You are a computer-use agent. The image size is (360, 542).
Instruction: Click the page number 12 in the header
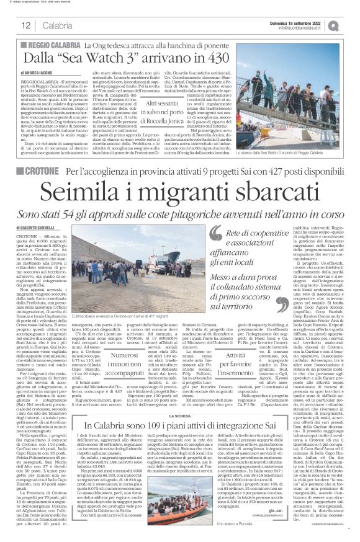tap(26, 25)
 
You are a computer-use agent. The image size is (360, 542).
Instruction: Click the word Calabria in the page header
tap(53, 25)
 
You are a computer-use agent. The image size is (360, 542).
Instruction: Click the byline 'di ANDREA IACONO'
tap(44, 74)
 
